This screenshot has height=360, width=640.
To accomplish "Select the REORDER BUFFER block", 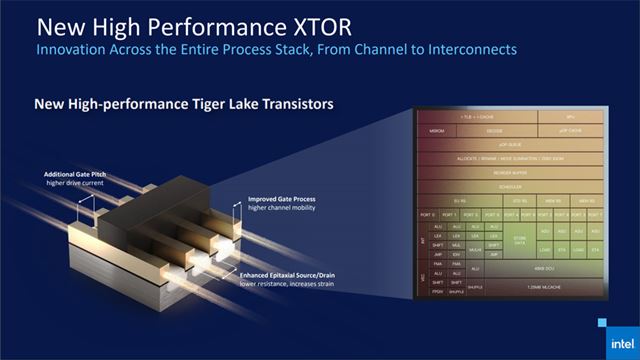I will (x=508, y=171).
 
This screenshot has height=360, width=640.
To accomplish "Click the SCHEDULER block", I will (x=508, y=185).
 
